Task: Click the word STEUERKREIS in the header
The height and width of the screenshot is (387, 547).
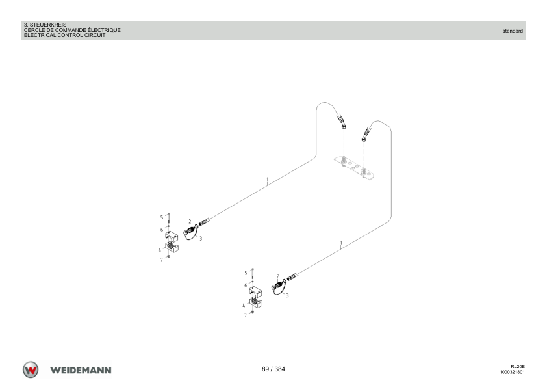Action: [x=48, y=25]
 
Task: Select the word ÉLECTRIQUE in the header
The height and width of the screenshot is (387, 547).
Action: [x=104, y=30]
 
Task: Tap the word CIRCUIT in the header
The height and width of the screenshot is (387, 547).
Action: [x=95, y=35]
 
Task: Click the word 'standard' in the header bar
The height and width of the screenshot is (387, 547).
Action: [x=513, y=31]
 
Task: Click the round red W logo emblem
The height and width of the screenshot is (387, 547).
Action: [x=31, y=369]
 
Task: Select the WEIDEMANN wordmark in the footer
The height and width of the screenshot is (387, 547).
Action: [x=81, y=370]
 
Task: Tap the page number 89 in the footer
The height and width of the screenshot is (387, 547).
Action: [x=265, y=369]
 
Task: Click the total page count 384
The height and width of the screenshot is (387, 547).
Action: [x=279, y=369]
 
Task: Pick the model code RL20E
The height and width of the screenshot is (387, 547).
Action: [x=518, y=366]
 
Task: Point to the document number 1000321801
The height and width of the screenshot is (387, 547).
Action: [x=512, y=372]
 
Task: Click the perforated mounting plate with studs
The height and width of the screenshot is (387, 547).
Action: [x=355, y=168]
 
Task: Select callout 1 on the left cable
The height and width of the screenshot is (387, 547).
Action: [x=268, y=180]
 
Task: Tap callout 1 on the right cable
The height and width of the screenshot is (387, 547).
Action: [x=341, y=243]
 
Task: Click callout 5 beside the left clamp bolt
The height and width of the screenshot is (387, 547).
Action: [x=162, y=217]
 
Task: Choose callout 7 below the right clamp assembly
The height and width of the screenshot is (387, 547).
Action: [x=246, y=315]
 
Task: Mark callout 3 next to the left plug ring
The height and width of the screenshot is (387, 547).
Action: [x=201, y=238]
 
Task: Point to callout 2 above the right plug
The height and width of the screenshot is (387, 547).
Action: [x=277, y=276]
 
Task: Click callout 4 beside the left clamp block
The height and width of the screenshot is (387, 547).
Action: [x=159, y=250]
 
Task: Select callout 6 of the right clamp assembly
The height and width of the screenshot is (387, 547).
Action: [x=246, y=285]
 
